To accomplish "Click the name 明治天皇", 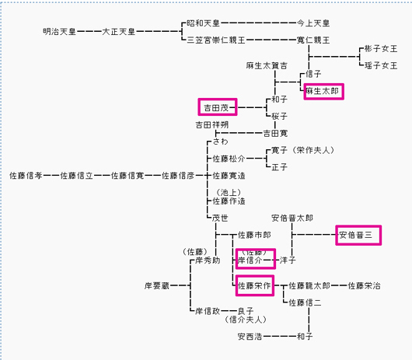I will pos(61,31).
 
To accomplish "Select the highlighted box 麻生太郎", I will pos(322,91).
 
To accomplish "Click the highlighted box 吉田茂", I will pos(218,107).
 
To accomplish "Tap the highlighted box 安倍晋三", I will pos(358,235).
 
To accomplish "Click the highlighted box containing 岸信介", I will pos(255,258).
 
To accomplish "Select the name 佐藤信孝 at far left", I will pos(26,176).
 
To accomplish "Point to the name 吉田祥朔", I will pos(211,124).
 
